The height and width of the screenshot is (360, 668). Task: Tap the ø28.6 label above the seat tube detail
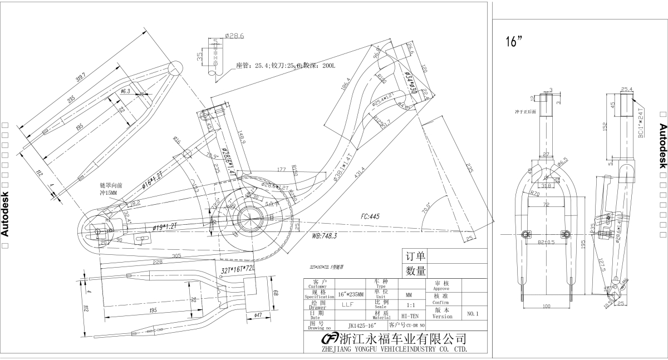[235, 36]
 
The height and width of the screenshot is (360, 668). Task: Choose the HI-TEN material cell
[410, 315]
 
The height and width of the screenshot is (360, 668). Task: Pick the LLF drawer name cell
[348, 304]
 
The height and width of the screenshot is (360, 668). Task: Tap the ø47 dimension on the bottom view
[258, 315]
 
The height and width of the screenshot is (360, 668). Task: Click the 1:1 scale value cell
[410, 305]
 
